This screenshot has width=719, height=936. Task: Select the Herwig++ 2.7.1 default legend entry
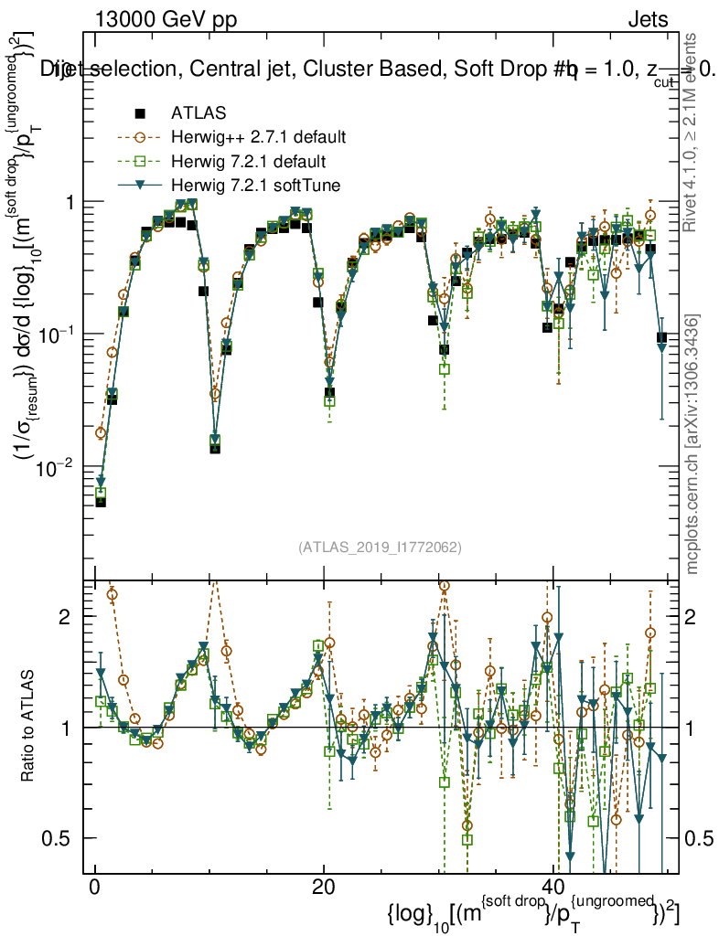(x=258, y=138)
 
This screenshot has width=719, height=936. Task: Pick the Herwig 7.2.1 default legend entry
(x=251, y=162)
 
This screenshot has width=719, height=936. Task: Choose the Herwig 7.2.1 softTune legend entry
(x=255, y=186)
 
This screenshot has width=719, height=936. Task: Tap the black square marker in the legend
(x=140, y=113)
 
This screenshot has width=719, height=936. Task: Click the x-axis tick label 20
(x=323, y=888)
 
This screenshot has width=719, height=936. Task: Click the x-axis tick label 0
(x=94, y=888)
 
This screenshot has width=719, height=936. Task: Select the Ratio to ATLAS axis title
(x=29, y=727)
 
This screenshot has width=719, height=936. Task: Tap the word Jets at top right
(x=648, y=19)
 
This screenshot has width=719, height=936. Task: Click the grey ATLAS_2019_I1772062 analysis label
(x=380, y=548)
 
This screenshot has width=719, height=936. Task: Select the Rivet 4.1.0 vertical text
(x=693, y=128)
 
